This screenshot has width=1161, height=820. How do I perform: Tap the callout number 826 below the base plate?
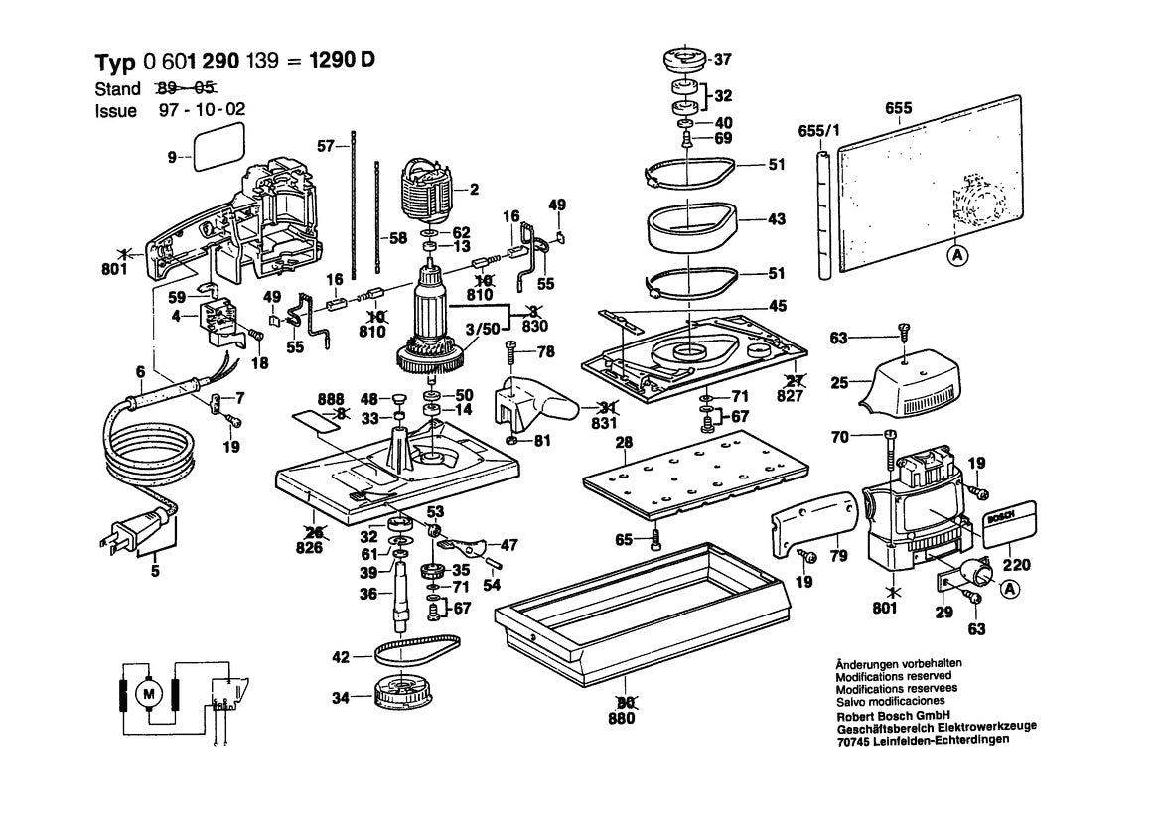(309, 546)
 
